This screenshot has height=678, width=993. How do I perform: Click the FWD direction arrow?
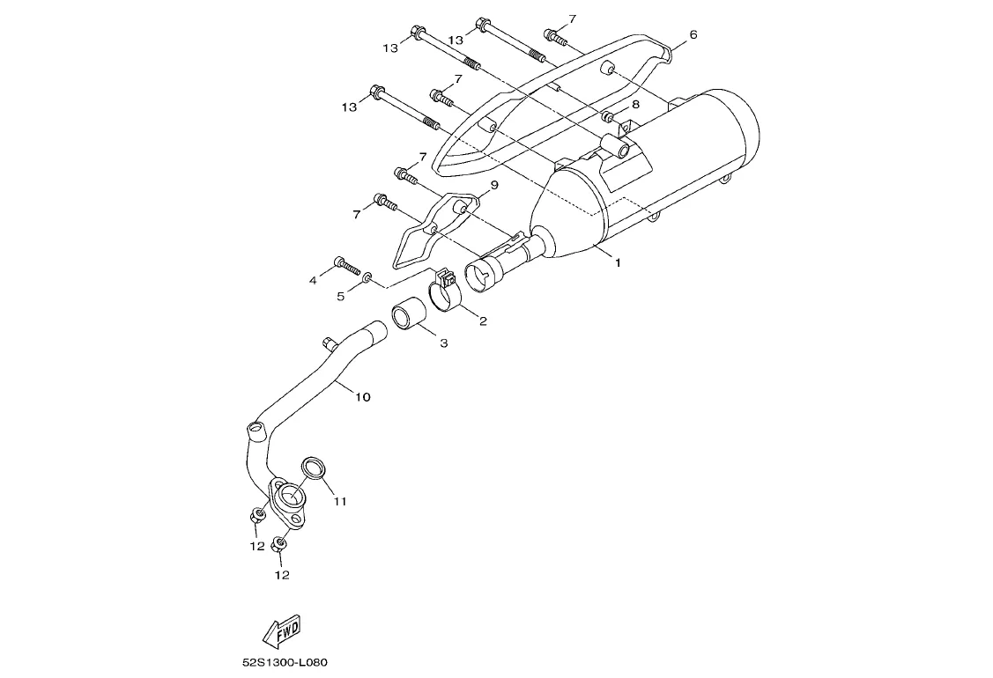(x=283, y=630)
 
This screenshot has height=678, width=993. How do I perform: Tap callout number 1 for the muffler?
(x=617, y=262)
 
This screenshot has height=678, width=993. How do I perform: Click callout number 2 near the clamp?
(x=483, y=321)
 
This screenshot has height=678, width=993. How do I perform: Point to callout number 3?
(x=443, y=343)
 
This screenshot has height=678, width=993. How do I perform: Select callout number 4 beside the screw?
(x=312, y=280)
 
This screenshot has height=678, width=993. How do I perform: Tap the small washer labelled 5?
(x=367, y=279)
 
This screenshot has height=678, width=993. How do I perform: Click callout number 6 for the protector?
(x=693, y=34)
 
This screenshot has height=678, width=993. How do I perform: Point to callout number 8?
(x=635, y=104)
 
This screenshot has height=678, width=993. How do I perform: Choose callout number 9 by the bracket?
(x=493, y=185)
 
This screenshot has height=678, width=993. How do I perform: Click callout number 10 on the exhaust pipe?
(x=362, y=397)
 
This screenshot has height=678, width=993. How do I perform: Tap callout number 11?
(x=340, y=501)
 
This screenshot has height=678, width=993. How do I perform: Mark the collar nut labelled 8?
(x=609, y=116)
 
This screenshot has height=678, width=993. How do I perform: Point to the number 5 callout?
(x=340, y=296)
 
